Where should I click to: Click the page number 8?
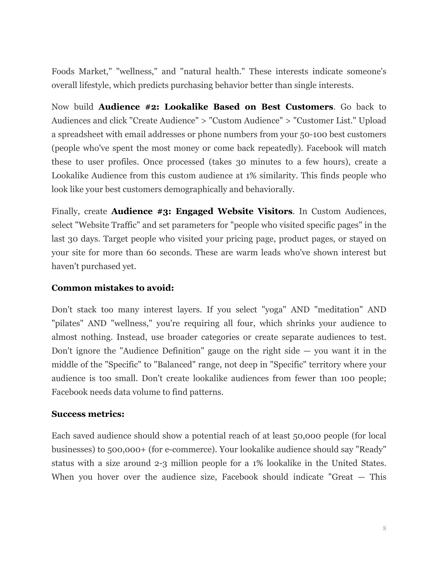coord(384,529)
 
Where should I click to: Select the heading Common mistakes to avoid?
coord(113,288)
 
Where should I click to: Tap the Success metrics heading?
coord(88,414)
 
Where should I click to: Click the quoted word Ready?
coord(371,449)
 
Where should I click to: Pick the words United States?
coord(359,463)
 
